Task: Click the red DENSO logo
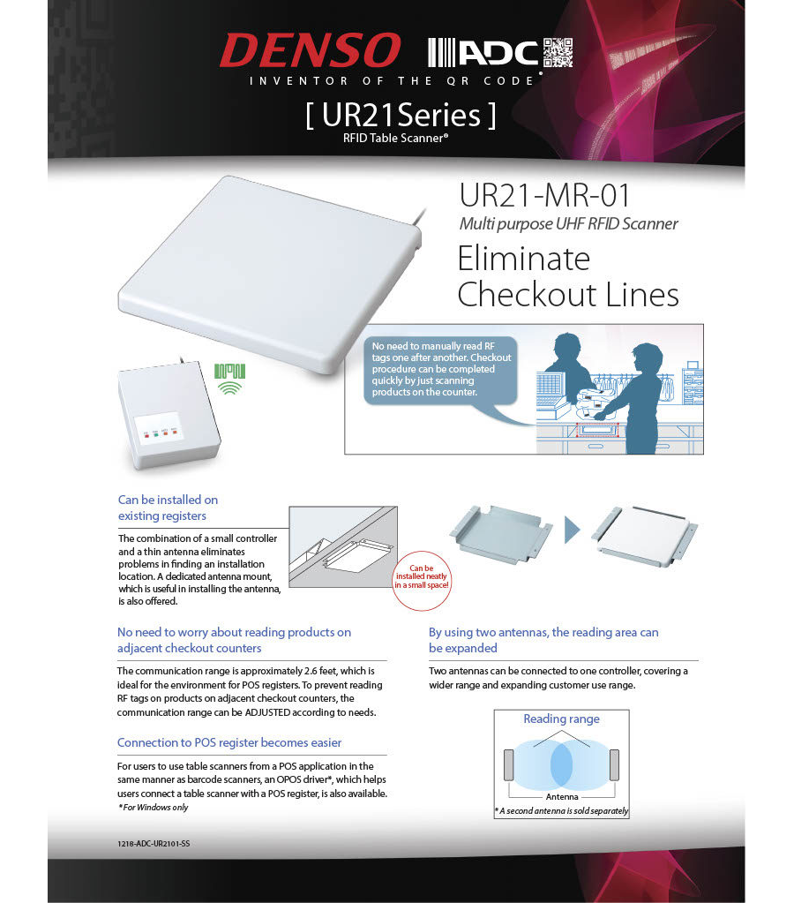click(x=310, y=51)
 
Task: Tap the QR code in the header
click(x=558, y=53)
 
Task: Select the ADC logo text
click(x=498, y=54)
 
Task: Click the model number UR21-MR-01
click(x=544, y=195)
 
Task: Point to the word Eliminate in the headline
click(x=524, y=259)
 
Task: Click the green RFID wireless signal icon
click(x=229, y=377)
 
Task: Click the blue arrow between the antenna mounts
click(x=573, y=531)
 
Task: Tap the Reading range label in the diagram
click(x=561, y=719)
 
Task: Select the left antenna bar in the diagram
click(x=508, y=764)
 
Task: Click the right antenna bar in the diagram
click(x=614, y=764)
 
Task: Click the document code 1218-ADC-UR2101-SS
click(x=154, y=844)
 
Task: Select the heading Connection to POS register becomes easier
click(x=229, y=742)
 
